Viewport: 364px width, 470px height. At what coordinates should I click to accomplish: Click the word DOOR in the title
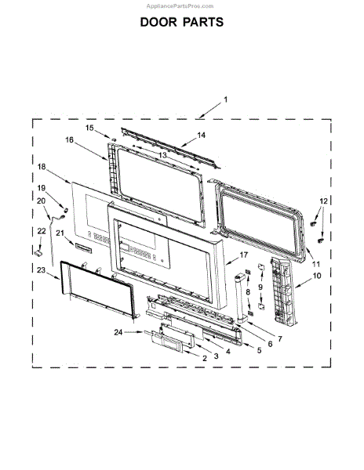tap(158, 22)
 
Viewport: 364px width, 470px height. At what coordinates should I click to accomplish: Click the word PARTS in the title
tap(203, 22)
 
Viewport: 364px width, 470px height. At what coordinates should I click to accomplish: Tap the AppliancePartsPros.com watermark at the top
tap(180, 6)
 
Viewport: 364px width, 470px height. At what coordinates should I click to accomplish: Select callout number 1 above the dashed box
tap(226, 99)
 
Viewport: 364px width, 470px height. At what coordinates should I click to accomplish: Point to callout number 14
tap(202, 136)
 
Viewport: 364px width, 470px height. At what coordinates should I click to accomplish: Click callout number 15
tap(89, 128)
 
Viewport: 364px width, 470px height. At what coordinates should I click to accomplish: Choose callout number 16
tap(69, 139)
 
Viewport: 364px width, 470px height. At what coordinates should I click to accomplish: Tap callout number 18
tap(42, 167)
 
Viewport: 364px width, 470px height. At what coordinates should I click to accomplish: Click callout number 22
tap(42, 231)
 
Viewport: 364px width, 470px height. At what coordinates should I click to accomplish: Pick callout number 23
tap(41, 270)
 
